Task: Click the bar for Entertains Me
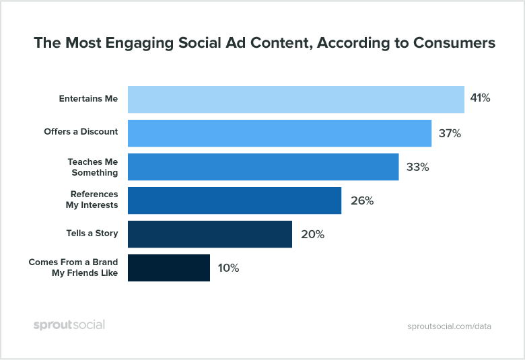[x=295, y=99]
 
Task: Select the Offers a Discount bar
[x=279, y=133]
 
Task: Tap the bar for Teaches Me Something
[x=262, y=167]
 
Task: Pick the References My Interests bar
[x=234, y=201]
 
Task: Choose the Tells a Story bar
[x=209, y=234]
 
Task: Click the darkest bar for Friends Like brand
[x=168, y=268]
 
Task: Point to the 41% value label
[x=480, y=99]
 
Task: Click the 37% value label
[x=450, y=133]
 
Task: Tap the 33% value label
[x=417, y=167]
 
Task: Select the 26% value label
[x=361, y=201]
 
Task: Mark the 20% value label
[x=312, y=234]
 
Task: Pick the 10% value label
[x=228, y=268]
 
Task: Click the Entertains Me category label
[x=88, y=99]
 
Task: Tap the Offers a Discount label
[x=81, y=132]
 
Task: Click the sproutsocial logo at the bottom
[x=69, y=325]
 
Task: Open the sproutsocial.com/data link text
[x=450, y=326]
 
